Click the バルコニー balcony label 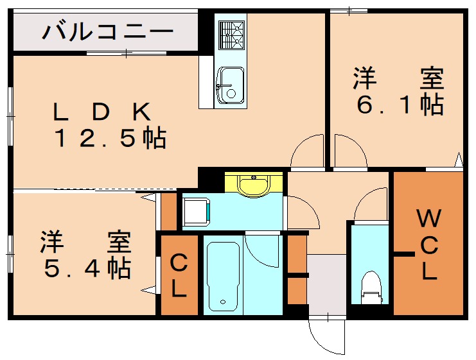[x=107, y=30]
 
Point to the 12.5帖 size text [x=110, y=139]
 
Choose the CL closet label [x=179, y=275]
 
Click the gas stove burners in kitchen [x=231, y=35]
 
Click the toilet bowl [x=371, y=287]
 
